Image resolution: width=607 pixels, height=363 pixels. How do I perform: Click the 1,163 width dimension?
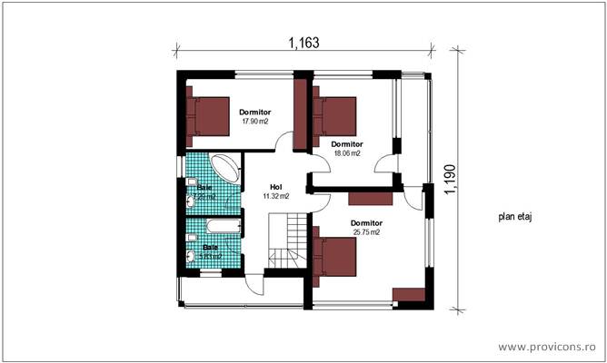[303, 42]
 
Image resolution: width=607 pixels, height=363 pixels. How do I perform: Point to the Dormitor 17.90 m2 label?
[254, 116]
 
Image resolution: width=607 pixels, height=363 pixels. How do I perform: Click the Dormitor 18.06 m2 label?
[347, 148]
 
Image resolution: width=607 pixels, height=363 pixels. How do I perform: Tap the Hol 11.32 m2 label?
[275, 191]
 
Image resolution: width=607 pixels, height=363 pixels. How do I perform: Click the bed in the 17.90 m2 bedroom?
[211, 116]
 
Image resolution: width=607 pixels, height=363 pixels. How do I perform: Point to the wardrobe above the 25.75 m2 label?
[368, 198]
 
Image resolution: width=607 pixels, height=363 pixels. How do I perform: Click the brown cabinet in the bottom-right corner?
[409, 295]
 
